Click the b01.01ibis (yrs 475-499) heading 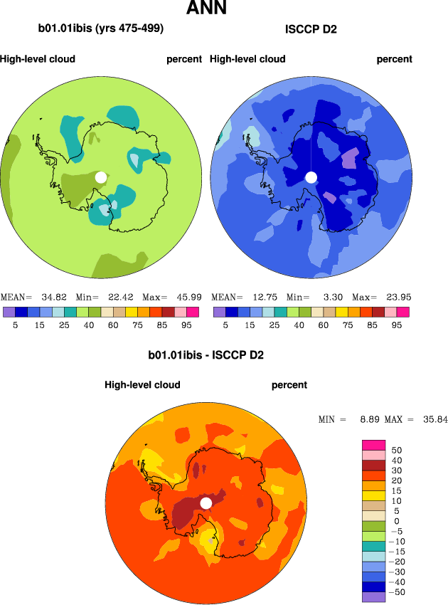(x=101, y=29)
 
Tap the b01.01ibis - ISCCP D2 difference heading (x=206, y=354)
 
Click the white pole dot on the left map (x=101, y=177)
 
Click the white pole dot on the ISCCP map (x=310, y=177)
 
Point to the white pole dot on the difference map (x=206, y=503)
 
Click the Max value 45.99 (x=187, y=297)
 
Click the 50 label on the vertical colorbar (x=397, y=451)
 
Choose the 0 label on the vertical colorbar (x=397, y=522)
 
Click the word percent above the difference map (x=289, y=385)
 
